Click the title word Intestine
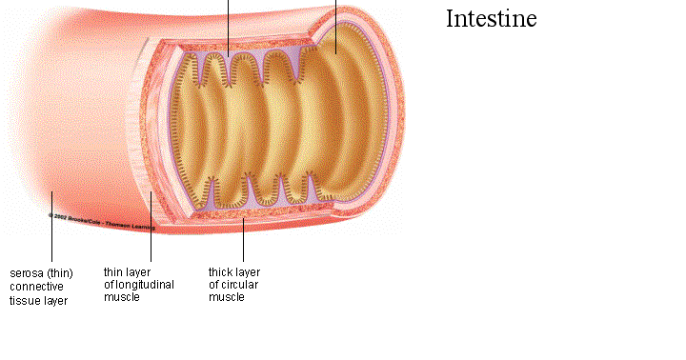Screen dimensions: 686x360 [492, 18]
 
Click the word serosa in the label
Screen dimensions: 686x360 [26, 272]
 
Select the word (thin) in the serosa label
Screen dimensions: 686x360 [57, 272]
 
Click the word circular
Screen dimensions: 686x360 [238, 285]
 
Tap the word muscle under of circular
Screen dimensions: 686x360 [227, 297]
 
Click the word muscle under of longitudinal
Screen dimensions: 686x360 [122, 297]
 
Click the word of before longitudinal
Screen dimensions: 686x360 [109, 285]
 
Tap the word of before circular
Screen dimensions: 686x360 [213, 285]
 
